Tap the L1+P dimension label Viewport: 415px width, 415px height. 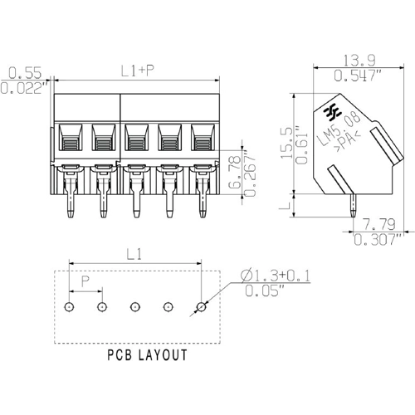tap(137, 71)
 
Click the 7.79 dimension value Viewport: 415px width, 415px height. tap(379, 225)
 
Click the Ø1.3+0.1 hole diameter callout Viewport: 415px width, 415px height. tap(276, 275)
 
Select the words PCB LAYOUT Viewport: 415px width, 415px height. tap(147, 355)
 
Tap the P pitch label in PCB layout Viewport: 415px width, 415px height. tap(85, 282)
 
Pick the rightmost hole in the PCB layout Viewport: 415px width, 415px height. tap(201, 307)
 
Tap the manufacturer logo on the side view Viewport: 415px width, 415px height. tap(336, 110)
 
